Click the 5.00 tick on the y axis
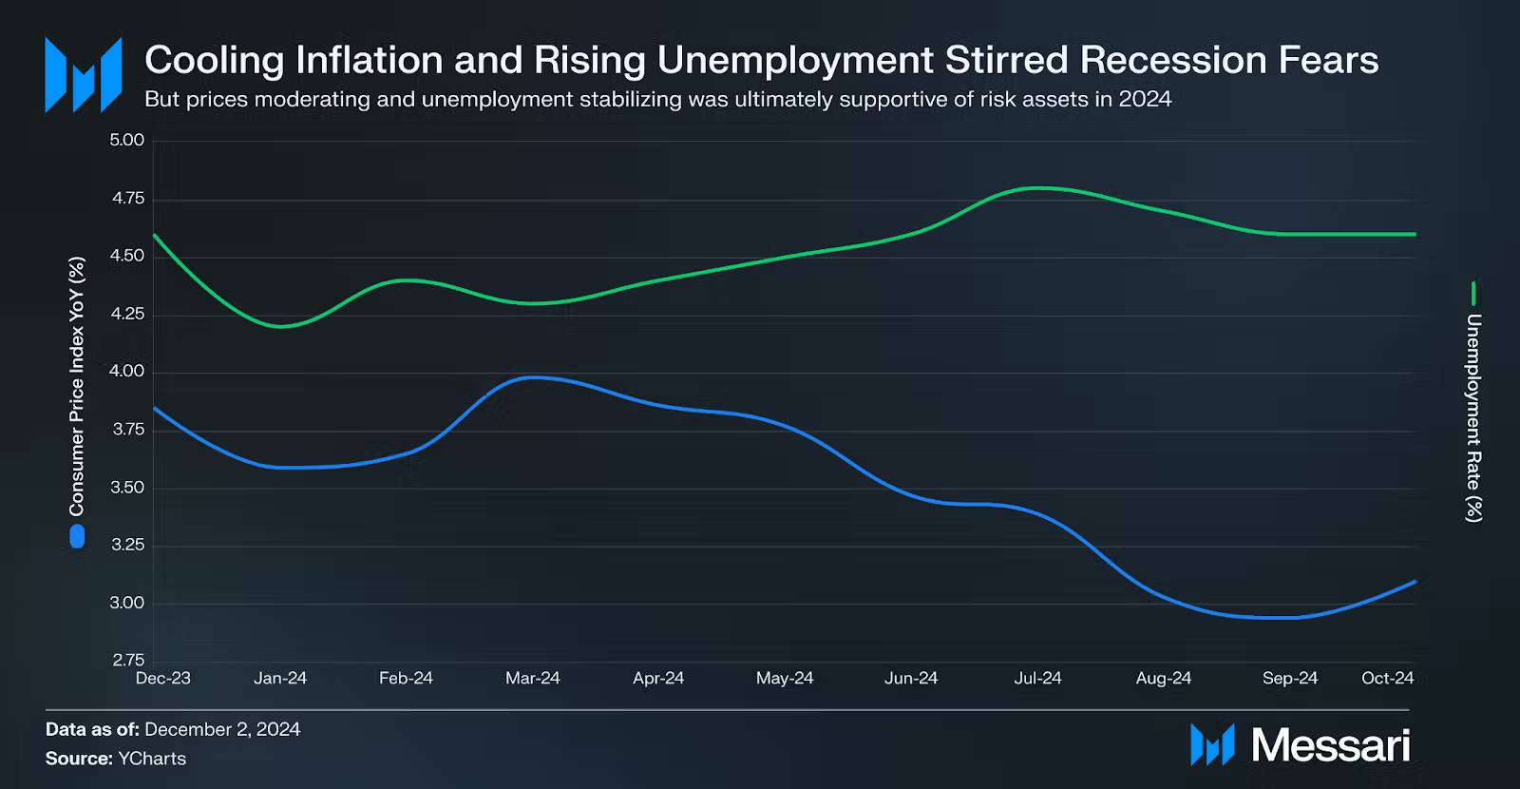click(126, 141)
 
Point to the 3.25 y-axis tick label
click(126, 545)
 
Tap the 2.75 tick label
click(128, 661)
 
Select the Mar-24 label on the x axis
click(532, 678)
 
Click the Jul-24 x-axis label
click(1037, 678)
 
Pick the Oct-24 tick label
click(1387, 678)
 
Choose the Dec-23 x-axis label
click(163, 678)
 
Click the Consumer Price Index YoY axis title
click(77, 386)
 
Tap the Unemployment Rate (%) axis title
click(1473, 417)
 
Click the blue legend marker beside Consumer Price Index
click(77, 537)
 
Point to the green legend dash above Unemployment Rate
click(1473, 293)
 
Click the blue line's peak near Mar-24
click(534, 377)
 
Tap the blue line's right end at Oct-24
click(1415, 582)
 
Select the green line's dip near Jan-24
click(281, 326)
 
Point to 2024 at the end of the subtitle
click(1145, 99)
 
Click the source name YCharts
click(152, 759)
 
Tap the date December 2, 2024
click(222, 729)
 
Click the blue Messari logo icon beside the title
click(84, 75)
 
